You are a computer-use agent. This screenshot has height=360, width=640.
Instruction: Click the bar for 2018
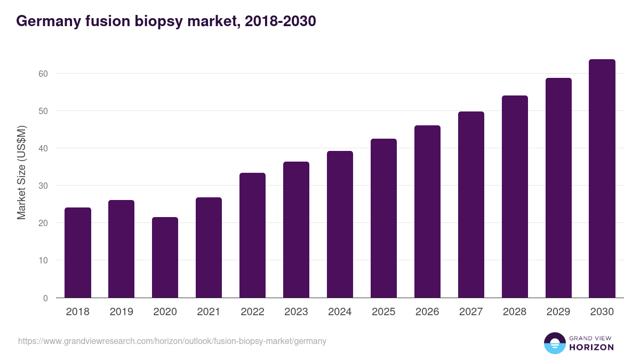coord(78,253)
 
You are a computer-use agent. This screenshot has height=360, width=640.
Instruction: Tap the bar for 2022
coord(252,235)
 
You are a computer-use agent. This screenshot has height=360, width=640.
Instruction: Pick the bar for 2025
coord(383,218)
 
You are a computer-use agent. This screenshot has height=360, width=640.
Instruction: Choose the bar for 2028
coord(515,197)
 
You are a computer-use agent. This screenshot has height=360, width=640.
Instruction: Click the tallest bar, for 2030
coord(602,179)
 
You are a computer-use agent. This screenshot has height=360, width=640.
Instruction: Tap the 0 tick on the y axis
coord(45,298)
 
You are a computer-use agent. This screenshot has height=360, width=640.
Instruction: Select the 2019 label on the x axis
coord(122,312)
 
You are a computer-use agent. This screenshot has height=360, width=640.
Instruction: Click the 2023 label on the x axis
coord(296,312)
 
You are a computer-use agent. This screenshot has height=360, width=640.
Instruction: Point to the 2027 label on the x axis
coord(471,312)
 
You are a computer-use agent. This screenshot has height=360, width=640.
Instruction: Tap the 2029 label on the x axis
coord(558,312)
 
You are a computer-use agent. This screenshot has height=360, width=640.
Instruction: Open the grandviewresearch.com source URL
coord(172,341)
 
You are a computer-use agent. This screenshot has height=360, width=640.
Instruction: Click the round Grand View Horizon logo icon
coord(555,343)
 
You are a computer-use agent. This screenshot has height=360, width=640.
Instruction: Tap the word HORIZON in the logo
coord(591,347)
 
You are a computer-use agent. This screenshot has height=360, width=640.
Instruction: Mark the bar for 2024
coord(340,225)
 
